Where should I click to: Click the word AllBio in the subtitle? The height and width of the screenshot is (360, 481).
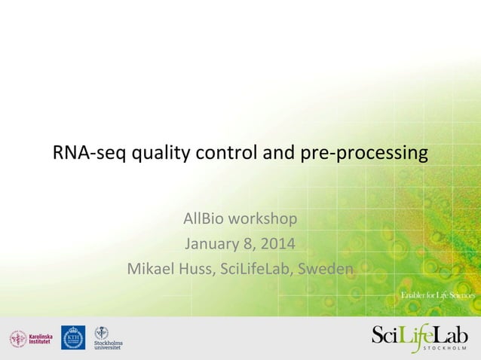pos(205,219)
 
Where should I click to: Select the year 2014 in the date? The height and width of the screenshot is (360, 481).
pos(278,244)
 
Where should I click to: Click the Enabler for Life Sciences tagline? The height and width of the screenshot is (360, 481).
pos(437,295)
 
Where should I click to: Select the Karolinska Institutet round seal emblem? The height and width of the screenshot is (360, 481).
pos(17,339)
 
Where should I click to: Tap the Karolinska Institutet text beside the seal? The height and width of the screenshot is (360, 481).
pos(42,339)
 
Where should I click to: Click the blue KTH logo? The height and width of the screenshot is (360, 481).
pos(73,337)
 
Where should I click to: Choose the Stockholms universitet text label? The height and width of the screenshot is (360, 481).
pos(109,345)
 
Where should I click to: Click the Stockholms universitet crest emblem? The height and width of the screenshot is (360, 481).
pos(101,332)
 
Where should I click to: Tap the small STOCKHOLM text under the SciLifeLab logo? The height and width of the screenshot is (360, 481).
pos(444,350)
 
